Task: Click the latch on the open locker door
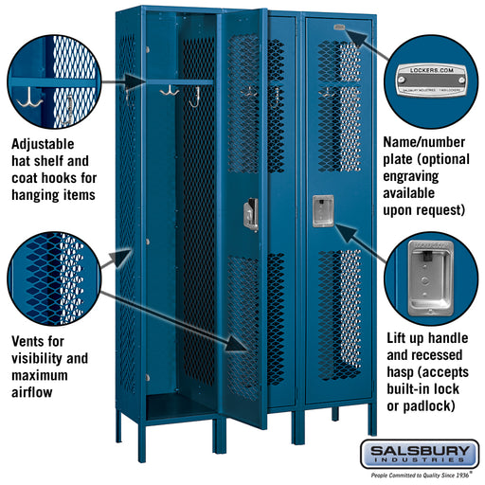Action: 251,214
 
